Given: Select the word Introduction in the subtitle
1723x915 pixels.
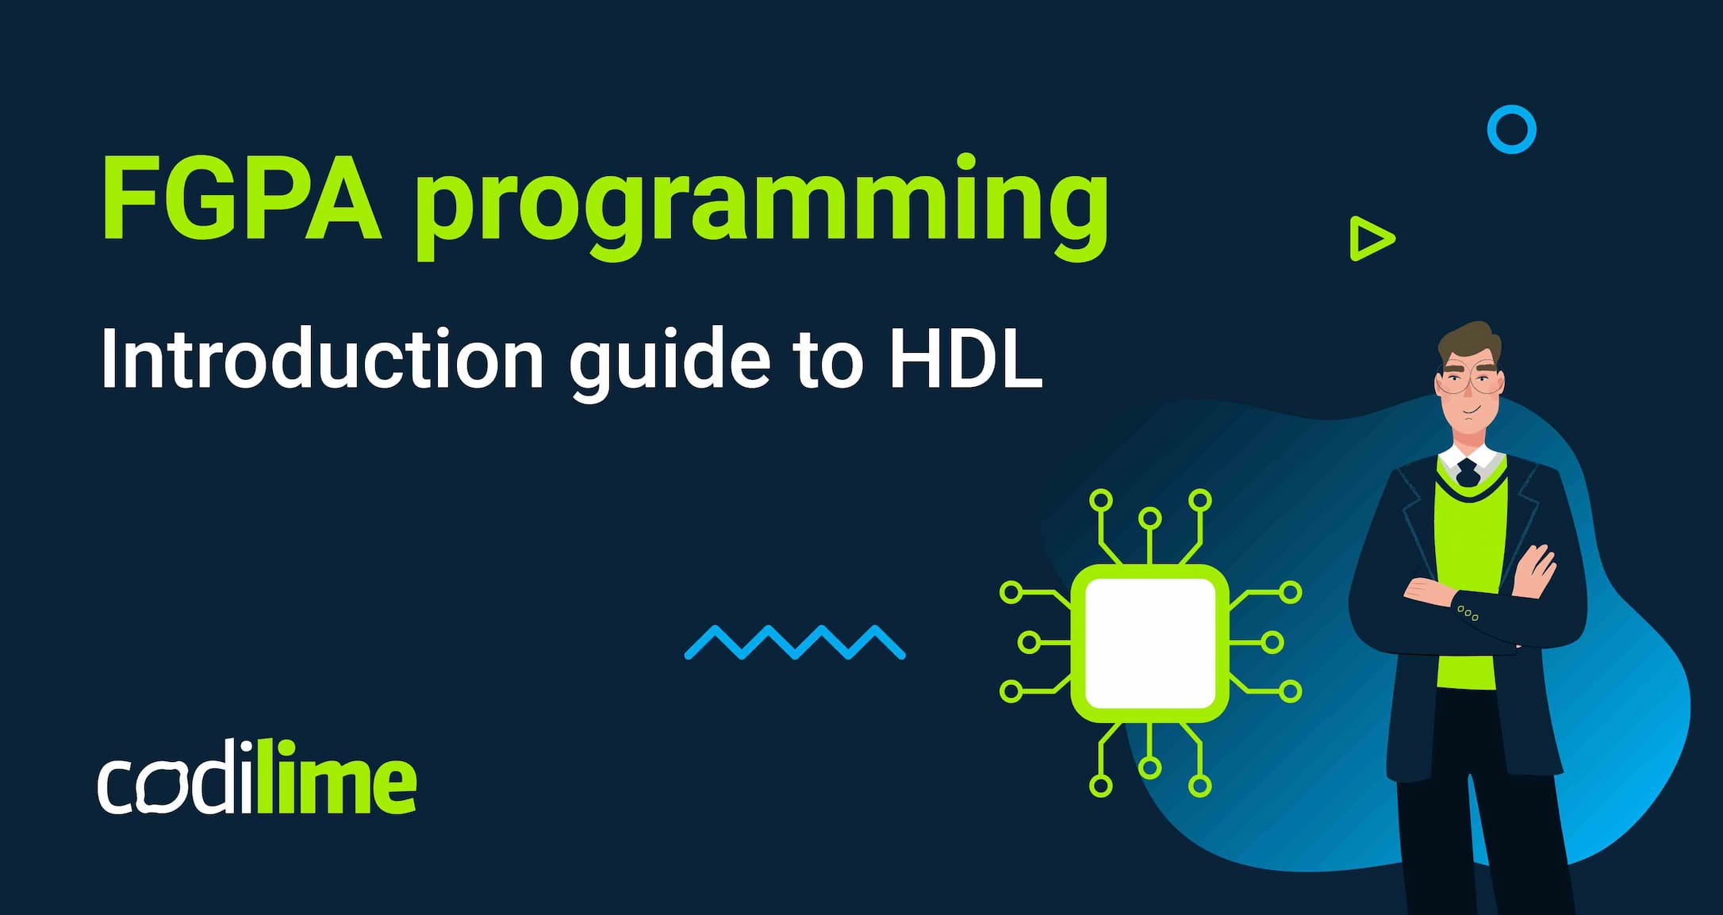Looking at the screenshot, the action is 322,358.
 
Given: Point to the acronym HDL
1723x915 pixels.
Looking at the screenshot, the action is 965,358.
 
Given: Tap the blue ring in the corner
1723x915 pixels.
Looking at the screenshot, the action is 1511,129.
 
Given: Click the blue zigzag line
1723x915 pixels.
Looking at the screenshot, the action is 795,642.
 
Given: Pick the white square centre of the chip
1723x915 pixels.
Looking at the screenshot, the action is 1149,643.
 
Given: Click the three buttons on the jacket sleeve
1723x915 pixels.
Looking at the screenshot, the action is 1468,613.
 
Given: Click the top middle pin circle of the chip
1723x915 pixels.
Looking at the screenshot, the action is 1149,519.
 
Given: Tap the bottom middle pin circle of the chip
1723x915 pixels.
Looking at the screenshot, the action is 1149,768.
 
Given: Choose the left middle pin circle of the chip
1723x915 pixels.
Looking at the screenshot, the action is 1029,642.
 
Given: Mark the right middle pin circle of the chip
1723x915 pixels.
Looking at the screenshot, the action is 1272,642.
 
